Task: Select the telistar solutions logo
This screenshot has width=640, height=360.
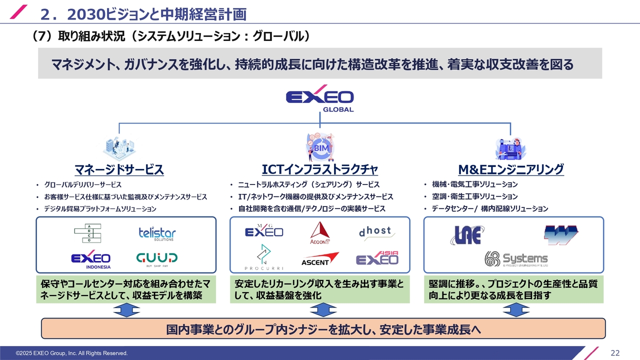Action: pos(157,233)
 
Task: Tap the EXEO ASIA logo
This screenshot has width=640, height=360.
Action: pos(377,258)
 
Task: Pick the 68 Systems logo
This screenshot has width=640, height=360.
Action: pos(516,259)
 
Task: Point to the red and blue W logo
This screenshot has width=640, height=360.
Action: pos(561,235)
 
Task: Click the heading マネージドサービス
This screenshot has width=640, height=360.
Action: pos(119,169)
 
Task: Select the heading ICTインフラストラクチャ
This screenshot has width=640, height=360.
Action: pos(319,169)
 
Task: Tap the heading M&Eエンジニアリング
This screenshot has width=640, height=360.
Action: pos(511,169)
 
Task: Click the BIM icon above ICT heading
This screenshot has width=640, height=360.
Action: pos(319,147)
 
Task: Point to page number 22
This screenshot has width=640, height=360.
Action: pos(615,353)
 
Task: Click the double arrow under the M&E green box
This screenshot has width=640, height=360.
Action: pos(516,310)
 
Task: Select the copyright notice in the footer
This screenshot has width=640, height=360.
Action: pos(71,353)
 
